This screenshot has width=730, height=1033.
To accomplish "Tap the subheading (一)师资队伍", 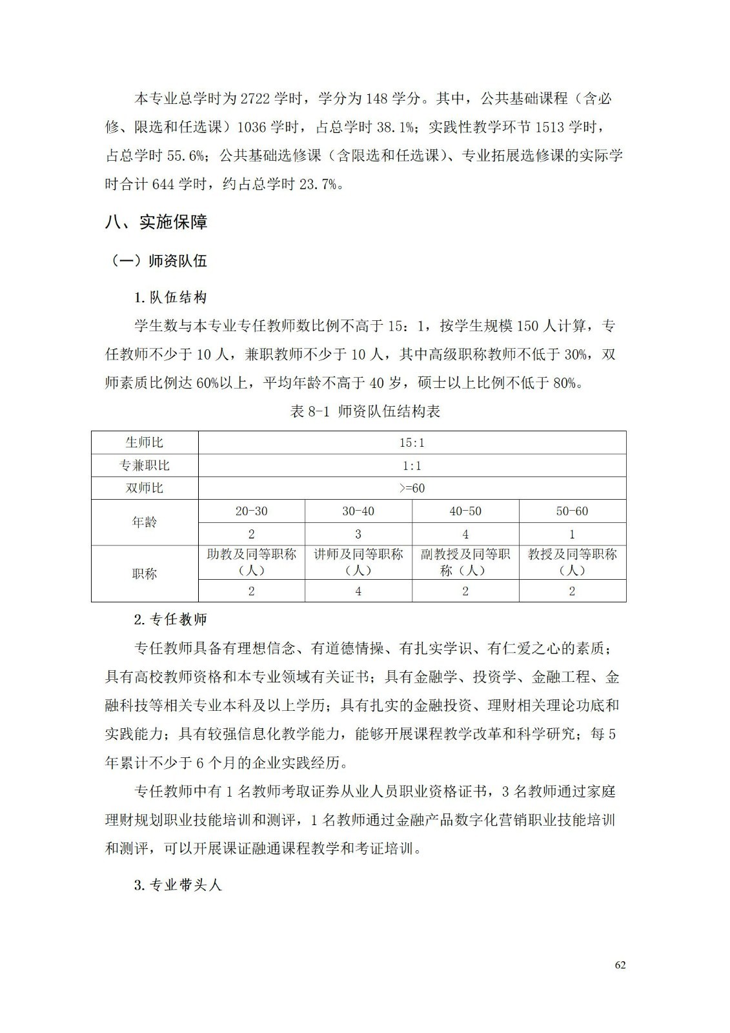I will point(159,261).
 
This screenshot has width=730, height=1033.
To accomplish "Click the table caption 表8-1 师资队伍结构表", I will point(365,411).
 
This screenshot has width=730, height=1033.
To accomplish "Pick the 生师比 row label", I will point(145,442).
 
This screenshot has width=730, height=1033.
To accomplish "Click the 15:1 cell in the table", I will point(412,442).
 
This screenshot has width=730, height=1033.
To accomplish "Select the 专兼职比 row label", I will point(145,465).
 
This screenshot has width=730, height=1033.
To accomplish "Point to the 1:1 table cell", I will point(412,465).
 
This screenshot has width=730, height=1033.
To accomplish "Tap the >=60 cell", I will point(412,488).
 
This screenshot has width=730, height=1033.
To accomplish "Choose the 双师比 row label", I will point(145,488).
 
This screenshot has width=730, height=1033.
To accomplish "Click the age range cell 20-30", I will point(251,511).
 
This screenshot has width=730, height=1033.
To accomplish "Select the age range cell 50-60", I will point(572,511).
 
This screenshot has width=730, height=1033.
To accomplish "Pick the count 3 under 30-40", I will point(358,534).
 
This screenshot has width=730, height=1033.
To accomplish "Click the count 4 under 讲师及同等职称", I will point(358,591).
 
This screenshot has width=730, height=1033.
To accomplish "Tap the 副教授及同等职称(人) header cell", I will point(465,562).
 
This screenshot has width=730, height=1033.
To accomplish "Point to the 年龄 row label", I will point(145,522).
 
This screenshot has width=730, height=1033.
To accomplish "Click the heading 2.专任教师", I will point(170,619).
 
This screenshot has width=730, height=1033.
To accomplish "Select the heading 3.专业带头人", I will point(177,885).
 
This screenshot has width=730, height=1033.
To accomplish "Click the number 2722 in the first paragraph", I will point(254,99).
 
